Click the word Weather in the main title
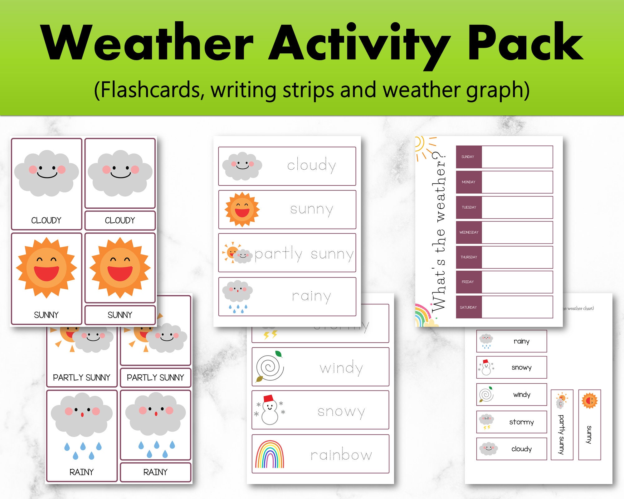tap(147, 42)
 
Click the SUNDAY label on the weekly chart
tap(468, 157)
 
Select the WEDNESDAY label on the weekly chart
tap(469, 232)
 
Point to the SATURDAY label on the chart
tap(468, 308)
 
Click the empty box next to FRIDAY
tap(517, 282)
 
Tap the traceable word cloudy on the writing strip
tap(311, 165)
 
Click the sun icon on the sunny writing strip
tap(242, 209)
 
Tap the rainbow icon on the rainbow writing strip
tap(270, 454)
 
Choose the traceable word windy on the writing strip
tap(341, 368)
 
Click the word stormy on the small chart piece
tap(521, 422)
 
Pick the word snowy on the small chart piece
tap(521, 367)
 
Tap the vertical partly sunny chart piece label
tap(561, 434)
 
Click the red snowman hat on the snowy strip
tap(268, 398)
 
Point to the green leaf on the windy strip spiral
tap(278, 354)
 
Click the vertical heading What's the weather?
tap(438, 231)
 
